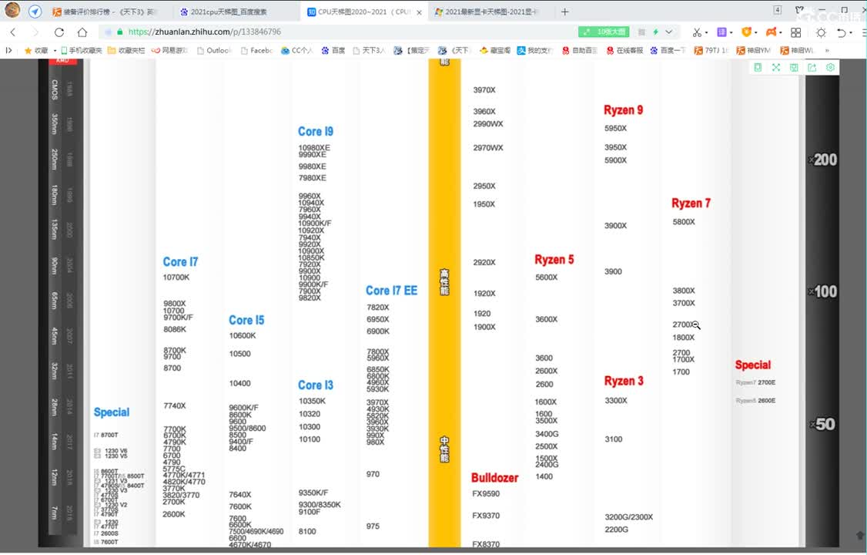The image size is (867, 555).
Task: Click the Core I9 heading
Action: [x=316, y=132]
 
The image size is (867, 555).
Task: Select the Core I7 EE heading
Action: [x=391, y=291]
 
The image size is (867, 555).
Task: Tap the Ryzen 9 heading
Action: [x=623, y=110]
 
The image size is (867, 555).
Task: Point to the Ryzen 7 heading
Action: [x=691, y=203]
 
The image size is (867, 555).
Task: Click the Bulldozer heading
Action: [x=494, y=478]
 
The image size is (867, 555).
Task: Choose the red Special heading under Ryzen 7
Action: [x=752, y=365]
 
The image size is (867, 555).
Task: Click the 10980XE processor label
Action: [x=314, y=147]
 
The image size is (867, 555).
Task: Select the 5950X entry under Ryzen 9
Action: [x=615, y=129]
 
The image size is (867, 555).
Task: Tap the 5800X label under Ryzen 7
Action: [x=684, y=222]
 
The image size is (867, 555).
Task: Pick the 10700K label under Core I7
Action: [x=176, y=277]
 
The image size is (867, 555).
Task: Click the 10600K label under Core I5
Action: [x=242, y=336]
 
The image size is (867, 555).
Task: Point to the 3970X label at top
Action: [x=484, y=90]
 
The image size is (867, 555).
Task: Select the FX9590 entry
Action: [x=486, y=494]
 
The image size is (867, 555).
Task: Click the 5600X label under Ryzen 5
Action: [x=546, y=277]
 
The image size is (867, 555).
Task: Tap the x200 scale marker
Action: [x=823, y=160]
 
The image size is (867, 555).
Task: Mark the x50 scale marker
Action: [x=822, y=425]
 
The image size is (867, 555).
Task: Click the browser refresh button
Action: [x=59, y=32]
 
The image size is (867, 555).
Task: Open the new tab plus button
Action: [x=565, y=12]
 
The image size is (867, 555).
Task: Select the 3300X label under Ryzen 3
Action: [x=616, y=401]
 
